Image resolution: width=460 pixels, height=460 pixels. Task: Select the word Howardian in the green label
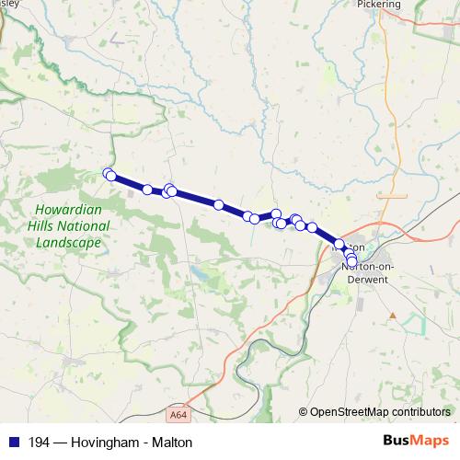(64, 209)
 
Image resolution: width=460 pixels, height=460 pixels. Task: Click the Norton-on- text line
(368, 266)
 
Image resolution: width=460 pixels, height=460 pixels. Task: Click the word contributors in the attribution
(421, 412)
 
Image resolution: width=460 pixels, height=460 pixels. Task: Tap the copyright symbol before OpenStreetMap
(303, 412)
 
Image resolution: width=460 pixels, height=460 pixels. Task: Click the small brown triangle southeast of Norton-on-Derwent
(393, 316)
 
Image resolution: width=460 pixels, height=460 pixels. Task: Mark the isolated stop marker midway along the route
(219, 204)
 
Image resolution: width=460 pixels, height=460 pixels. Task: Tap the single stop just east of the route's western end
(148, 190)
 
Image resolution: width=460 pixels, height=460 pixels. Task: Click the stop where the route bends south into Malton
(339, 244)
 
